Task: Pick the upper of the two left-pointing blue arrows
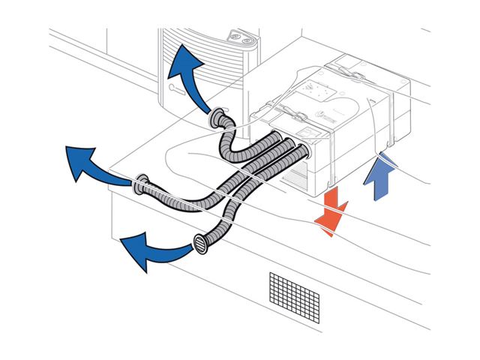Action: pos(93,164)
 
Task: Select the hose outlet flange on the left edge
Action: pos(139,183)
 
